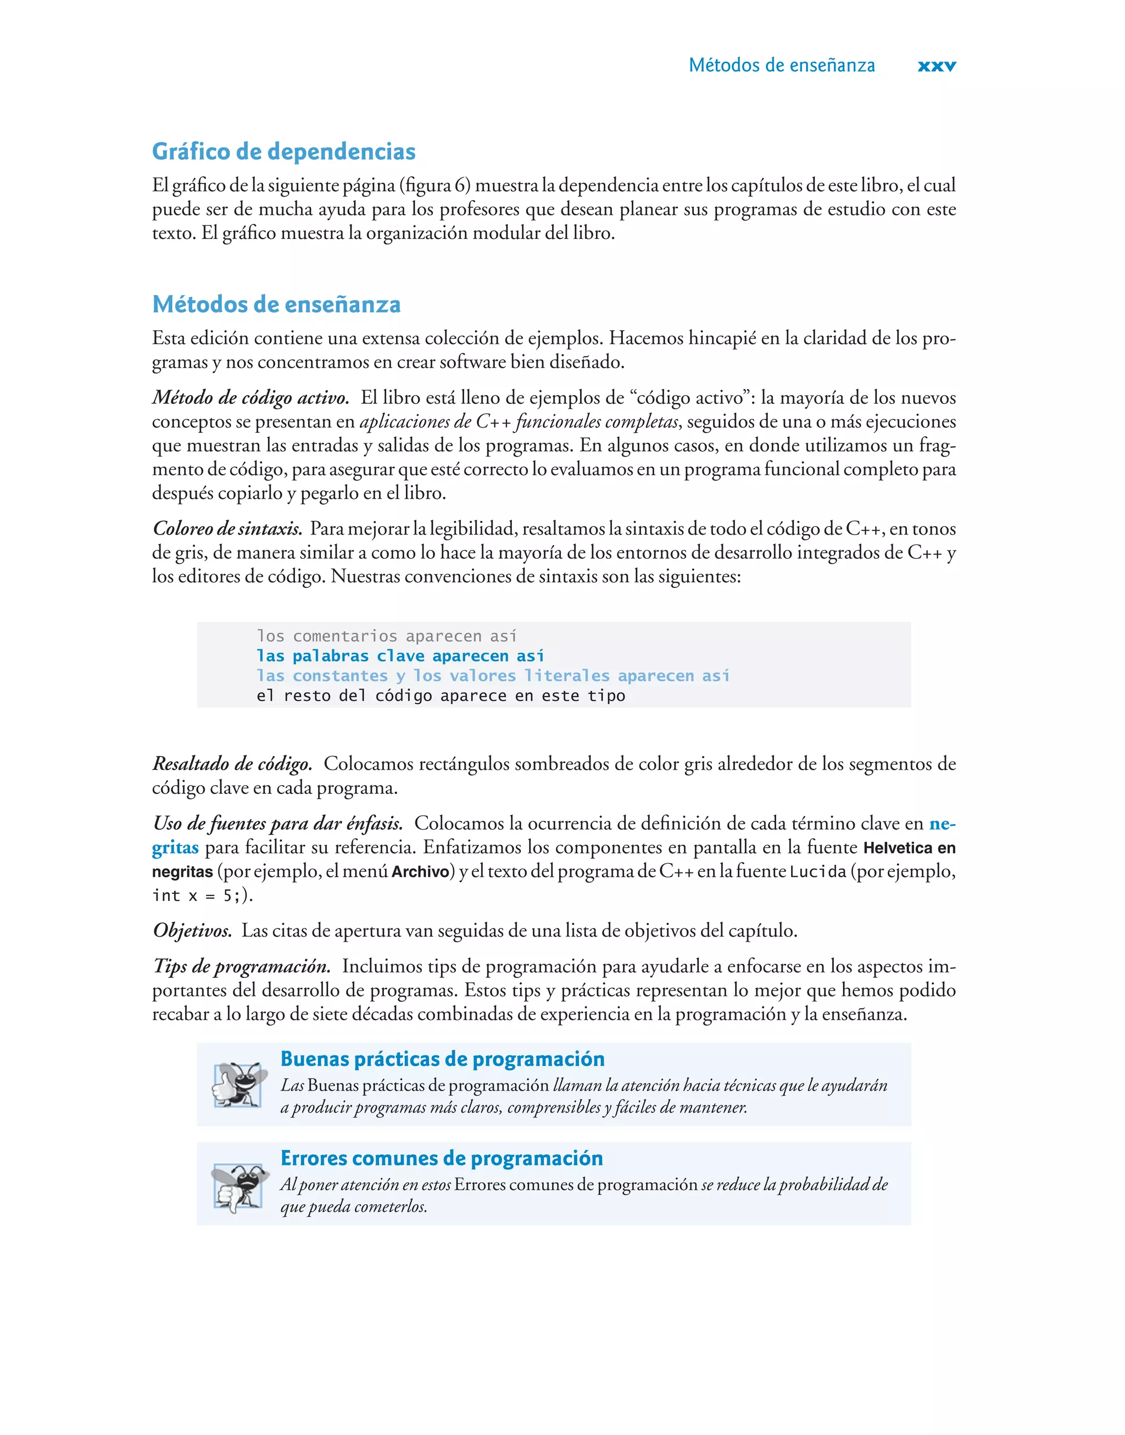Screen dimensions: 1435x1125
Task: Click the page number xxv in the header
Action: point(936,66)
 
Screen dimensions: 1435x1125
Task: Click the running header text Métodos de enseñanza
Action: point(781,65)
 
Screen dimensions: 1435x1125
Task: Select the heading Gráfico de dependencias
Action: point(283,152)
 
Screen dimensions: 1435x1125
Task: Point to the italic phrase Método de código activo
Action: point(250,398)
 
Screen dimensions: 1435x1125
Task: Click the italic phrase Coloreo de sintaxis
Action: point(227,529)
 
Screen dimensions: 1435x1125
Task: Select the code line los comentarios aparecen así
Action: point(386,636)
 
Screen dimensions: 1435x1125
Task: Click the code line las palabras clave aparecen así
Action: point(400,656)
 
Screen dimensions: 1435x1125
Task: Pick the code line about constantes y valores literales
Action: point(492,676)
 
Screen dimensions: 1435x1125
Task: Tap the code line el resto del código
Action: point(440,696)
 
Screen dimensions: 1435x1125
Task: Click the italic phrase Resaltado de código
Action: point(232,764)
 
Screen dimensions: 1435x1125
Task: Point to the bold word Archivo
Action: point(420,872)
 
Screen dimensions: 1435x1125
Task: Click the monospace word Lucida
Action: point(817,872)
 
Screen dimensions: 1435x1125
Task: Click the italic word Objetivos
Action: point(192,931)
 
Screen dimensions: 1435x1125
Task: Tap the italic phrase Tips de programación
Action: point(241,966)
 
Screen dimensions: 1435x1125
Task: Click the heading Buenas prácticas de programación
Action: point(442,1059)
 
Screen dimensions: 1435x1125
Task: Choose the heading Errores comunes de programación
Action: point(441,1159)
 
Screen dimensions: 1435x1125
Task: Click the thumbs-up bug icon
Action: point(238,1083)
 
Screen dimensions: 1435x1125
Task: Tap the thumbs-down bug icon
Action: point(238,1186)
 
